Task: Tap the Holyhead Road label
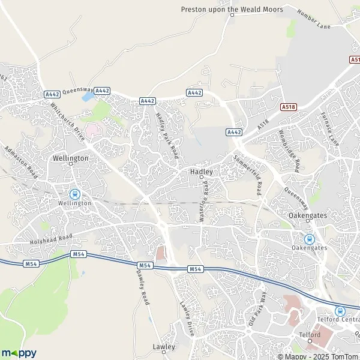51,241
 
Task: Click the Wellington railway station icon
75,194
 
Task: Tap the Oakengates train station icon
309,238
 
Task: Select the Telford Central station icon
340,311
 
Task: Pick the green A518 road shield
289,106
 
